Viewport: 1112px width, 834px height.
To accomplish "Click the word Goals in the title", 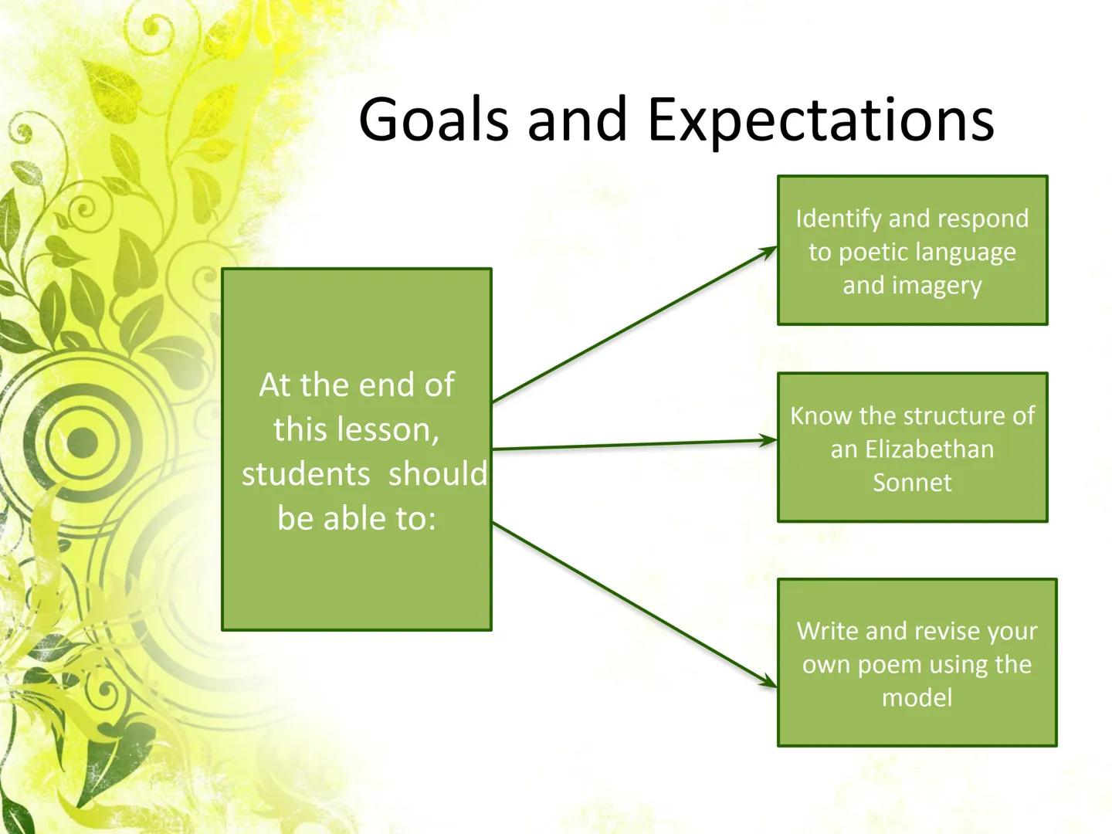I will tap(433, 120).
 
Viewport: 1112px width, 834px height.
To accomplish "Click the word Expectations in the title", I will tap(821, 120).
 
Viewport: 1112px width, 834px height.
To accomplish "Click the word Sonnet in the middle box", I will tap(912, 483).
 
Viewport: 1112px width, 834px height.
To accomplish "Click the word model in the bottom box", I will tap(917, 698).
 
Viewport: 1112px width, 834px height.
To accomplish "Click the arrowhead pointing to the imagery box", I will tap(768, 251).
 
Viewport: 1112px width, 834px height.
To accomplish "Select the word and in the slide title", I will tap(578, 120).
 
